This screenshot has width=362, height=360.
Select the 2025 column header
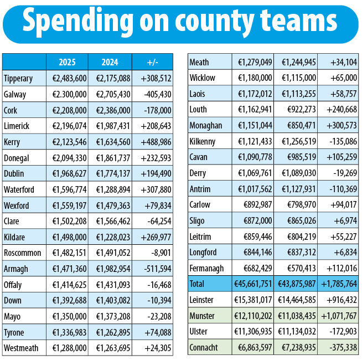point(66,61)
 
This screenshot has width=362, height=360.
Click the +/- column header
point(153,61)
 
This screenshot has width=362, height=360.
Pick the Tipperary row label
point(18,78)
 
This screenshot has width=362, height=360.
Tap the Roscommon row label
point(22,237)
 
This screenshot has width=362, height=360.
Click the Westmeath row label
point(21,348)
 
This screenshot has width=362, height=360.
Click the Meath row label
point(199,62)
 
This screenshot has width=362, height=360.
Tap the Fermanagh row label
point(208,268)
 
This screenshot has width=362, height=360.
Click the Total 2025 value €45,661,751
point(252,284)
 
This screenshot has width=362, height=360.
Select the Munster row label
point(203,316)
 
